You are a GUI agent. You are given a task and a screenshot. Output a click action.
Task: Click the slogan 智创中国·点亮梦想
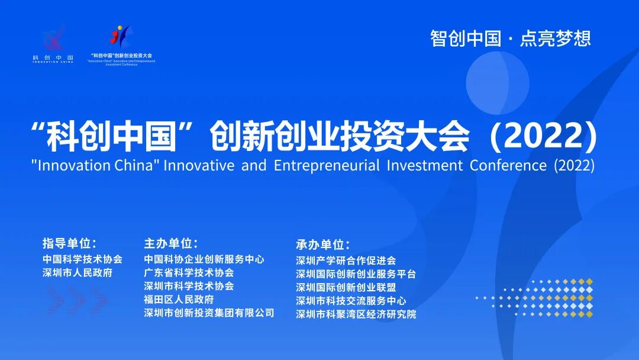click(511, 38)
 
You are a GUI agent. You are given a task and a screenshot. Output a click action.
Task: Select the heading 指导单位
click(69, 243)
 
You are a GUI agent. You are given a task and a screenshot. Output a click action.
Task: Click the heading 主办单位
click(170, 243)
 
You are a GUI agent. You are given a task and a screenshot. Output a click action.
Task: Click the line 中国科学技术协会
click(82, 259)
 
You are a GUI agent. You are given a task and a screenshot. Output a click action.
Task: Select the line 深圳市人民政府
click(78, 273)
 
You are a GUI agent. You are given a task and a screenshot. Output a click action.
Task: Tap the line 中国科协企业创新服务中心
click(204, 259)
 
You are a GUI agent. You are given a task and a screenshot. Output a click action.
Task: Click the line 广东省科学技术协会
click(189, 273)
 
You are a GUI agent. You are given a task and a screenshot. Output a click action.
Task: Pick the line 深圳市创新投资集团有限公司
click(209, 313)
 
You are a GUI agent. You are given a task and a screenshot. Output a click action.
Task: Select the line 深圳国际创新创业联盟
click(346, 287)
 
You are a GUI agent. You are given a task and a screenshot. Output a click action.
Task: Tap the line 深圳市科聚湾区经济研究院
click(356, 314)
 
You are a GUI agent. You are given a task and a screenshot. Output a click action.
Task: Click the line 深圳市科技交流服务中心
click(351, 301)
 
